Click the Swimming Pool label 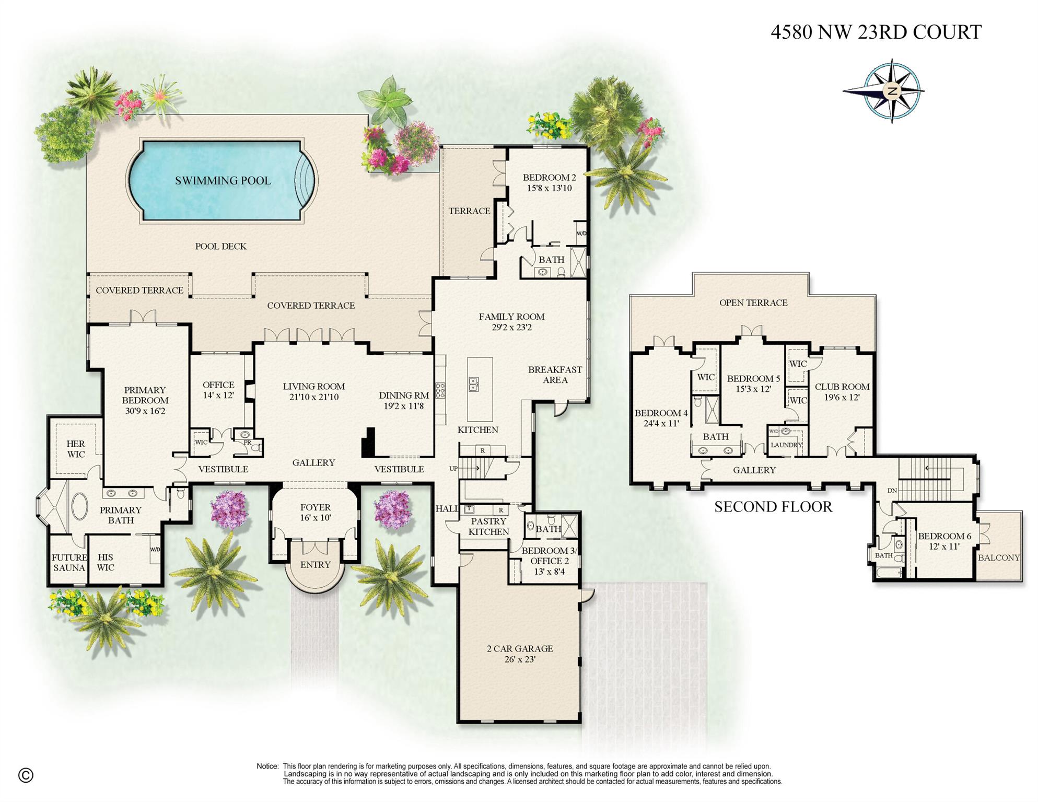click(x=223, y=181)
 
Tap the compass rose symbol click(x=891, y=91)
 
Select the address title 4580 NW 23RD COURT click(x=876, y=32)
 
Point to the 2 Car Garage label click(x=519, y=648)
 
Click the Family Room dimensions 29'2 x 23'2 click(x=511, y=328)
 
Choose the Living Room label click(x=313, y=387)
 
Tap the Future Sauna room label click(x=69, y=563)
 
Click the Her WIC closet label click(x=76, y=449)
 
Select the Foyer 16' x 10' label click(x=315, y=513)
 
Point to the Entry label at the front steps click(x=315, y=565)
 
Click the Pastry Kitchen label click(x=488, y=527)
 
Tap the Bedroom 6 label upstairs click(x=944, y=536)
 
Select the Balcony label click(x=998, y=557)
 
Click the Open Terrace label click(x=753, y=303)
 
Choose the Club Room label click(x=842, y=387)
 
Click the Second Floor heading click(x=773, y=507)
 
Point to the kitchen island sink click(x=473, y=384)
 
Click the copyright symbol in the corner click(x=26, y=775)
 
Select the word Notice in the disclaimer click(x=267, y=766)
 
